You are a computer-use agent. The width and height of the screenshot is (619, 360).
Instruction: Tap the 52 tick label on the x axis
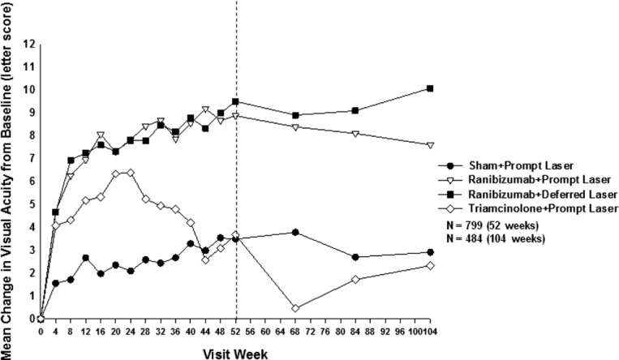(235, 331)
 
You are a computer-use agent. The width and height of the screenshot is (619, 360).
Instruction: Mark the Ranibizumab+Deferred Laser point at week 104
(430, 88)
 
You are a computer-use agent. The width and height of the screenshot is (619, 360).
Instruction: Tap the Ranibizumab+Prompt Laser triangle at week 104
(430, 145)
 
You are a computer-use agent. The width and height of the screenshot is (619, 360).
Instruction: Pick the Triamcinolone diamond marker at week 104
(430, 265)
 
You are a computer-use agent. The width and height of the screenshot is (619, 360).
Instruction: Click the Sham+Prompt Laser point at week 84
(355, 257)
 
